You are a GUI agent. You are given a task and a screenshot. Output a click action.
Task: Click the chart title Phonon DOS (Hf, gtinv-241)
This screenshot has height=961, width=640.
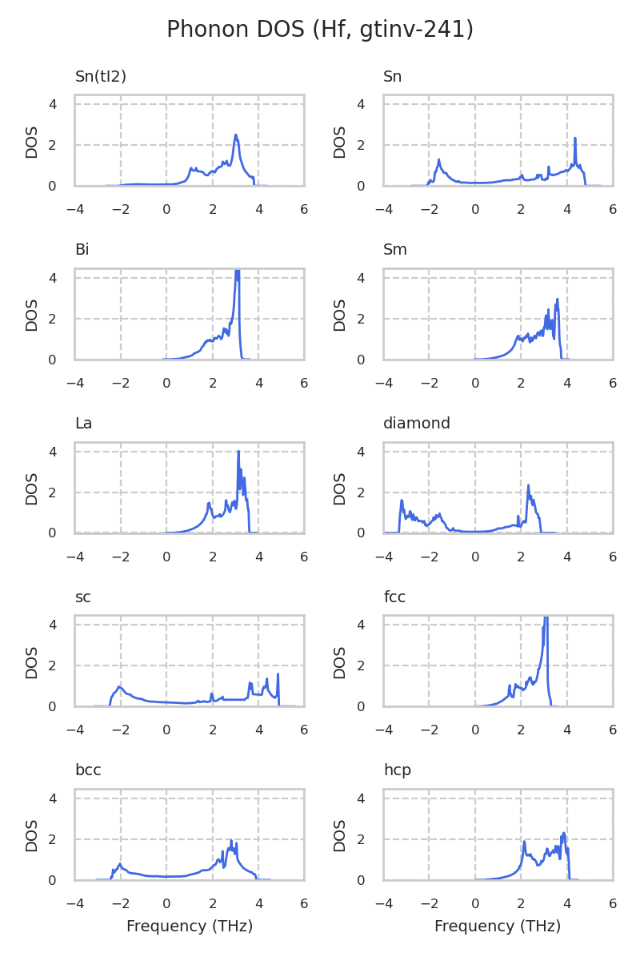pyautogui.click(x=320, y=30)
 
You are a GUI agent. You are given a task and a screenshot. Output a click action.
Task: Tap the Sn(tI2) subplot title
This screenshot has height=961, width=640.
pyautogui.click(x=101, y=77)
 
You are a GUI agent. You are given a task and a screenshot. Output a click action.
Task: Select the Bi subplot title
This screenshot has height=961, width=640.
pyautogui.click(x=82, y=250)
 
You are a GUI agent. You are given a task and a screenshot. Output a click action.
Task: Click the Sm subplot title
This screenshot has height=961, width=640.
pyautogui.click(x=395, y=250)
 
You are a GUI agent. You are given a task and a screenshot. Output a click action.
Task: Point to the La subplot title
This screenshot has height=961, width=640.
pyautogui.click(x=83, y=424)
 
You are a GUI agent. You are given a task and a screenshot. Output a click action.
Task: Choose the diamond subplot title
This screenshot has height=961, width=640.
pyautogui.click(x=417, y=424)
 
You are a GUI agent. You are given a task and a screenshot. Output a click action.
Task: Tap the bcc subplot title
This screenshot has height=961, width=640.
pyautogui.click(x=88, y=770)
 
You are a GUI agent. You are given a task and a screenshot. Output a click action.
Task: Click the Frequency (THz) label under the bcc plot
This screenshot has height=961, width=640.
pyautogui.click(x=190, y=927)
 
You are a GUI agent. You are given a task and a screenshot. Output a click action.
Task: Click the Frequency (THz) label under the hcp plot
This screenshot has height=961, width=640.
pyautogui.click(x=498, y=927)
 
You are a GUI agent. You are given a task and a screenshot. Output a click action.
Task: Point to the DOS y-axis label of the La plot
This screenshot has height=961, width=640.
pyautogui.click(x=32, y=488)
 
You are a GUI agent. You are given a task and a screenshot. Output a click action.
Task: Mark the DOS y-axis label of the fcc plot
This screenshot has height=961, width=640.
pyautogui.click(x=340, y=661)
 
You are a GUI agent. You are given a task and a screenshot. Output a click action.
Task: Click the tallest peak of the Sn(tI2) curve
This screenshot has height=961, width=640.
pyautogui.click(x=236, y=135)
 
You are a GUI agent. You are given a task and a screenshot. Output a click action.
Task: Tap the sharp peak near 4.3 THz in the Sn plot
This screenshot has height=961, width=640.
pyautogui.click(x=575, y=139)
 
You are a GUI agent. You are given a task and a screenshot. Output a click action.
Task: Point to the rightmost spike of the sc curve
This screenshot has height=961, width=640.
pyautogui.click(x=278, y=674)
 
